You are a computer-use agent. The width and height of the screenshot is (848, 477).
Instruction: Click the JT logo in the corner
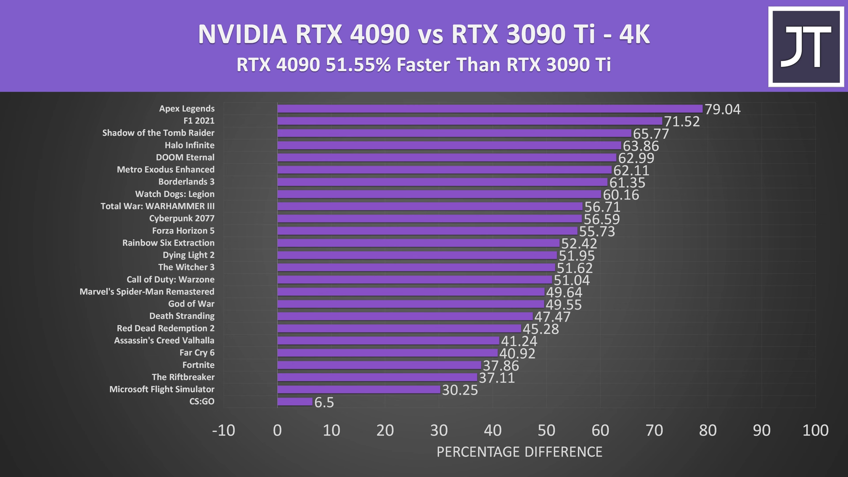(806, 47)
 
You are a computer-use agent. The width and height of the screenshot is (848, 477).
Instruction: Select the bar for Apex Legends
(490, 109)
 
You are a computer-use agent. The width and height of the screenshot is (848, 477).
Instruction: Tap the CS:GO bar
(295, 401)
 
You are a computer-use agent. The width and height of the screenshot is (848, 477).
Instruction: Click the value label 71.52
(682, 122)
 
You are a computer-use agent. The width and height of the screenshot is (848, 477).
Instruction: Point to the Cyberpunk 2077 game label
(182, 219)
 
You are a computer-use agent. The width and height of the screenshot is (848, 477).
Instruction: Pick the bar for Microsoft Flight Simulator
(359, 389)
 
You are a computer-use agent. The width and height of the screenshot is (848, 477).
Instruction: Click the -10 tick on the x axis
(224, 430)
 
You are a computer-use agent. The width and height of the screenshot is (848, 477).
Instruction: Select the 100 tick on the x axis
(815, 430)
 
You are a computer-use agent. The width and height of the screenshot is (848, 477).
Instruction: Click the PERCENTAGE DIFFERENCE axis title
(519, 452)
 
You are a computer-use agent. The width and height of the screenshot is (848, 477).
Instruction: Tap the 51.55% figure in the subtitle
(358, 65)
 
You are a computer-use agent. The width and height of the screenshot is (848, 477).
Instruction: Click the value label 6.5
(324, 402)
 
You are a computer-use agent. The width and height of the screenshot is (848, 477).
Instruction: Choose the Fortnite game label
(198, 365)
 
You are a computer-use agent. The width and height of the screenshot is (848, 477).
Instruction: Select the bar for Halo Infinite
(449, 145)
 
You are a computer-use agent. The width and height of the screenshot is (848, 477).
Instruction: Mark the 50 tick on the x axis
(546, 430)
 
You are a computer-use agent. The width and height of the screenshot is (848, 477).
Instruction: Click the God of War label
(191, 304)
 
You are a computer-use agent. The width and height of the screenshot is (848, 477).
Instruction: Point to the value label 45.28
(541, 329)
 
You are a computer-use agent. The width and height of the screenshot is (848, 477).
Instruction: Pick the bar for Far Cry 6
(388, 353)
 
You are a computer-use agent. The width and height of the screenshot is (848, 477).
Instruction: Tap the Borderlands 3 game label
(186, 182)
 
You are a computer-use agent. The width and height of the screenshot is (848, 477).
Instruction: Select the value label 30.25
(460, 390)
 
